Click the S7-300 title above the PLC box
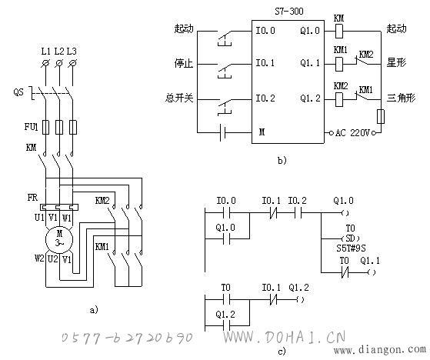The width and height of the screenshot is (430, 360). pos(289,12)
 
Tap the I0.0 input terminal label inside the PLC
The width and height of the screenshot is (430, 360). pos(265,31)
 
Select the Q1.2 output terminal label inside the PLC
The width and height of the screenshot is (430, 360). pos(310,98)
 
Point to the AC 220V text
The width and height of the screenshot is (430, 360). pos(352,133)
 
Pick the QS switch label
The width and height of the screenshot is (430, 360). pos(18,92)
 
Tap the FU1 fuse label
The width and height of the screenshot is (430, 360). pos(31,126)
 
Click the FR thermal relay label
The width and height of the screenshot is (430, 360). pos(32,198)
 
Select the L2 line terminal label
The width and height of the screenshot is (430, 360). pos(59,52)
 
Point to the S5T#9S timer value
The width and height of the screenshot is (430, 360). pos(351,248)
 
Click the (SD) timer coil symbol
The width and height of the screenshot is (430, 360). pos(351,238)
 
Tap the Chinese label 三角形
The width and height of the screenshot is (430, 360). pos(401,98)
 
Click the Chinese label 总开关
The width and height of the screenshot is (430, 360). pos(179,98)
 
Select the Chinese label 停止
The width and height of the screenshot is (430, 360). pos(184,63)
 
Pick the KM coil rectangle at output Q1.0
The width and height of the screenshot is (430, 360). pos(339,31)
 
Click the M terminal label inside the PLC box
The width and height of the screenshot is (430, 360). pos(262,132)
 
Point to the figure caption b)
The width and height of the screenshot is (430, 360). pos(282,160)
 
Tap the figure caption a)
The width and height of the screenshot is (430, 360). pos(94,310)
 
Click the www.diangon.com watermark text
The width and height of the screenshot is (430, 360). pos(379,349)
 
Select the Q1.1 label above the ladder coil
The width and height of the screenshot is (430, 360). pos(370,261)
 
